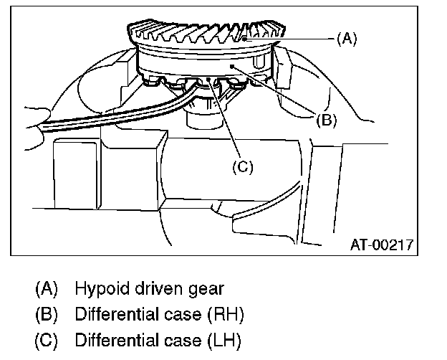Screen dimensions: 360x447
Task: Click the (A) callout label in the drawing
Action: [x=346, y=39]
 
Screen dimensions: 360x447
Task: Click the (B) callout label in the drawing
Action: [x=326, y=120]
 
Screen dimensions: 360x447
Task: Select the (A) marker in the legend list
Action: [x=47, y=289]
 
